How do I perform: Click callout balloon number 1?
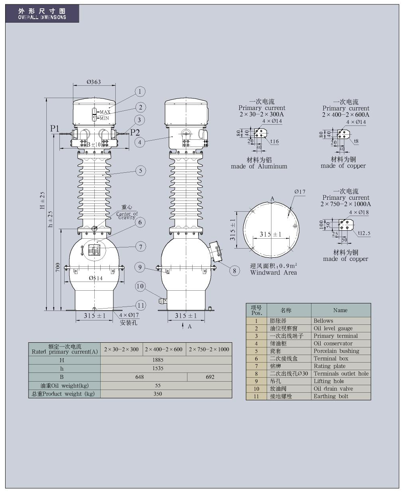(139, 92)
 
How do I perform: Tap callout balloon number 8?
(235, 271)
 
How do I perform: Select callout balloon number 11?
(141, 305)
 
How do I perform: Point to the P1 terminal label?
(54, 129)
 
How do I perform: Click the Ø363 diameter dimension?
(94, 82)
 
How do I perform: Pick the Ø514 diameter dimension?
(95, 278)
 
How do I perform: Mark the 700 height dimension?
(58, 267)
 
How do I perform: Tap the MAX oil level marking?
(105, 112)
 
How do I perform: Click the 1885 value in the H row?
(158, 360)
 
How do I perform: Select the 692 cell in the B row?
(210, 377)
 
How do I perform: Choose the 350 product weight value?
(158, 394)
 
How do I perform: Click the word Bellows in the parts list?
(323, 321)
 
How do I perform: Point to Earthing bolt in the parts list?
(331, 396)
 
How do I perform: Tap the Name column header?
(340, 311)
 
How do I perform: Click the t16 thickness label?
(275, 141)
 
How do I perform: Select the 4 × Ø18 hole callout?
(359, 212)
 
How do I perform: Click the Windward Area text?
(273, 272)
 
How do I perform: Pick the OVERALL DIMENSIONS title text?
(42, 17)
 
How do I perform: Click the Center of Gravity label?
(127, 216)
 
